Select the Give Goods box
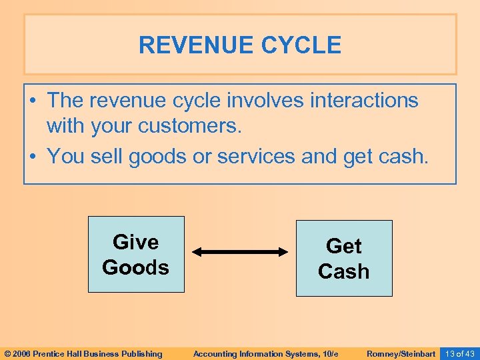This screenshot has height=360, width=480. point(136,255)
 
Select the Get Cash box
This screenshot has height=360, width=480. point(344,259)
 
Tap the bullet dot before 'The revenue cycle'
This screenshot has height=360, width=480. point(33,101)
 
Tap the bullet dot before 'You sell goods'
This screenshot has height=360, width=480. point(33,156)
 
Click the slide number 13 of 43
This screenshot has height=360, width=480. point(459,353)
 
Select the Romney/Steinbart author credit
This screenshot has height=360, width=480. point(401,353)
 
